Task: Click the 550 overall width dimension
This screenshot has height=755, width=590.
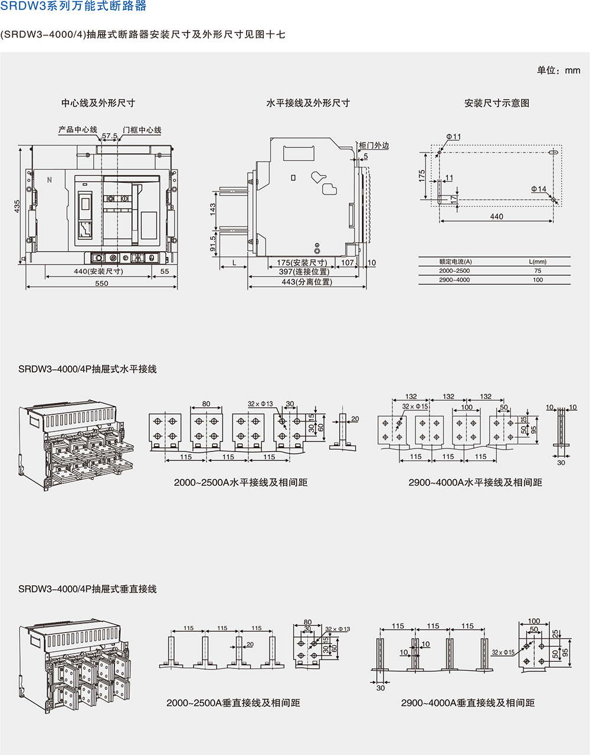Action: point(101,283)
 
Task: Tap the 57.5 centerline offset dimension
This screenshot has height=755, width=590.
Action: point(109,136)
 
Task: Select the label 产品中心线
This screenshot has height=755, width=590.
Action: point(77,130)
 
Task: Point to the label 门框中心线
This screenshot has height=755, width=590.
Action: point(142,130)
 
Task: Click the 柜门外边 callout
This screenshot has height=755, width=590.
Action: point(374,145)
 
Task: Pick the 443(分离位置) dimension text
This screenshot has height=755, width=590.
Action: point(306,282)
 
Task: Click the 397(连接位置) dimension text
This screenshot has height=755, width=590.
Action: point(304,272)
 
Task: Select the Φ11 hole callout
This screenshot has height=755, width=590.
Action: point(454,137)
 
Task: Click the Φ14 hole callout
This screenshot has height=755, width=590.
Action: point(538,189)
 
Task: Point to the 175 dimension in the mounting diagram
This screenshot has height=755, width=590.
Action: point(422,176)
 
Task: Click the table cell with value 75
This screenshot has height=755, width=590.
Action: point(537,271)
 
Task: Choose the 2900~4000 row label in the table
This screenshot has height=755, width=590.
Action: point(454,280)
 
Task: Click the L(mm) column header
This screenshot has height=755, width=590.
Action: point(537,262)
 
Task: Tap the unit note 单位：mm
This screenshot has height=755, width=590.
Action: point(558,70)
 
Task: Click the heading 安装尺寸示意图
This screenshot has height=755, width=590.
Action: point(496,103)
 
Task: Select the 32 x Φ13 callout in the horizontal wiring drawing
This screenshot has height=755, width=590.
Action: point(260,404)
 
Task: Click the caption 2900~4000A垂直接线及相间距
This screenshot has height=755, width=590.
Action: point(467,703)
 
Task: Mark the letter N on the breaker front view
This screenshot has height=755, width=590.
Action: point(50,180)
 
